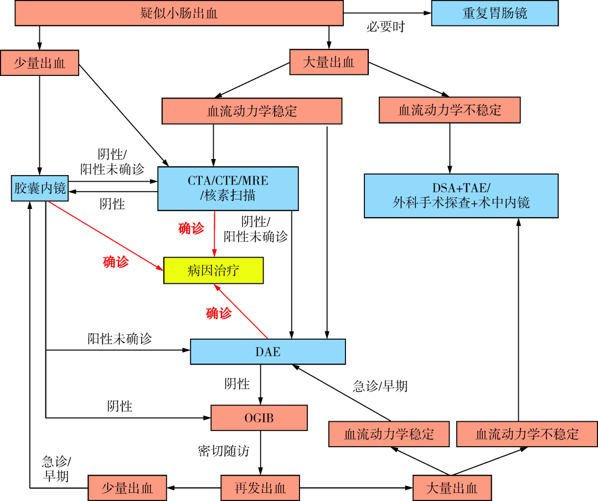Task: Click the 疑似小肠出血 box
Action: [179, 13]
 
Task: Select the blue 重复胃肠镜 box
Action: [494, 13]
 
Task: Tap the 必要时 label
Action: [385, 27]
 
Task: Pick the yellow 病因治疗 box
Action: [213, 270]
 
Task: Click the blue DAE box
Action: [267, 351]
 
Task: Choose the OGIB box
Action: [259, 418]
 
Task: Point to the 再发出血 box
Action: [260, 488]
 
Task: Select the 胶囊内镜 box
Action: [40, 188]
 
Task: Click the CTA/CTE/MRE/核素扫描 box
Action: [228, 188]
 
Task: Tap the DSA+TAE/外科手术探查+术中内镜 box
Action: [461, 195]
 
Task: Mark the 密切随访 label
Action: [223, 451]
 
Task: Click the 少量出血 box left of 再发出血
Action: [127, 488]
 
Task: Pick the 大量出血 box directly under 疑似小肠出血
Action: [329, 62]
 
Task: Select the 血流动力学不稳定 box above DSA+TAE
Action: [450, 110]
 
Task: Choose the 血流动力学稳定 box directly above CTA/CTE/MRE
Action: [252, 111]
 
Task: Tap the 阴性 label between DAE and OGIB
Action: [237, 384]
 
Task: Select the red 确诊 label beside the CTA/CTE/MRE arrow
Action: [192, 228]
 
